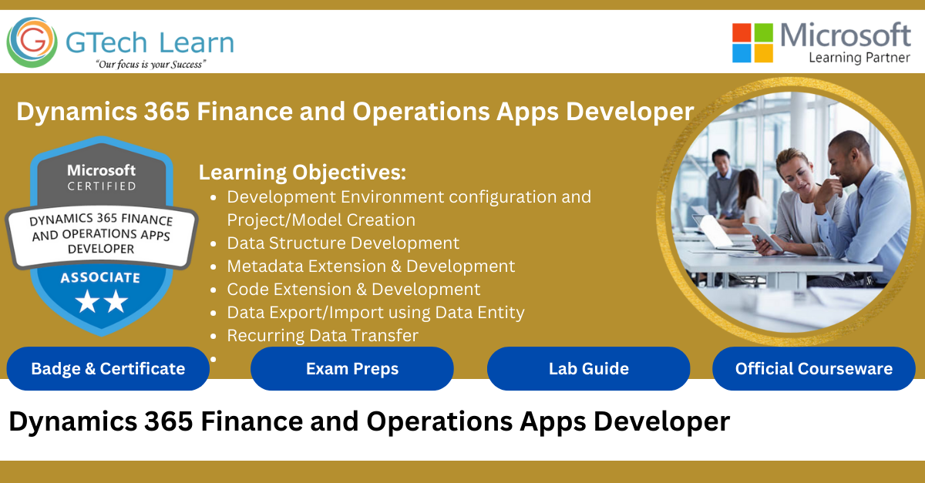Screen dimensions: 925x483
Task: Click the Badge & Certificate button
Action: (x=108, y=369)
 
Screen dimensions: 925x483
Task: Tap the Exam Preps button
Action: (x=352, y=369)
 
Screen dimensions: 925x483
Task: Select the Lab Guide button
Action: (x=588, y=369)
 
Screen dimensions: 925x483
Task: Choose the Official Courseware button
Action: (x=814, y=369)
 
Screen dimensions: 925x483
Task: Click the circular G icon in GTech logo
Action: (x=32, y=42)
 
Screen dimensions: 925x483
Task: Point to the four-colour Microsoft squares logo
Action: (x=752, y=43)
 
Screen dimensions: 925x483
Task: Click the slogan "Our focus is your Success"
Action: (x=151, y=65)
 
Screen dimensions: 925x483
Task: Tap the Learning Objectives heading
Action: (x=302, y=173)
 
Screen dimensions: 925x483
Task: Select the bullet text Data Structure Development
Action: (x=343, y=243)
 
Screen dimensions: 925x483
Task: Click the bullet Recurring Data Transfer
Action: (x=323, y=336)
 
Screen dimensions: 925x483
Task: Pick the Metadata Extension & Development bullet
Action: (x=372, y=267)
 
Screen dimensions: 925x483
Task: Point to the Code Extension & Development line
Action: (x=354, y=290)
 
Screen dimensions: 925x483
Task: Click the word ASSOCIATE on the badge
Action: (x=100, y=278)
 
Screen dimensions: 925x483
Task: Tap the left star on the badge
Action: (x=88, y=301)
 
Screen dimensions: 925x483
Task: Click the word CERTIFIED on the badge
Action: (x=102, y=186)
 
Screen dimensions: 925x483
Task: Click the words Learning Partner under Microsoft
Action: (x=859, y=58)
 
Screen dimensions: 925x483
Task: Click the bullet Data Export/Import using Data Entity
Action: (x=376, y=313)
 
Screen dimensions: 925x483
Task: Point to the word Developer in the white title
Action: (x=630, y=112)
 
